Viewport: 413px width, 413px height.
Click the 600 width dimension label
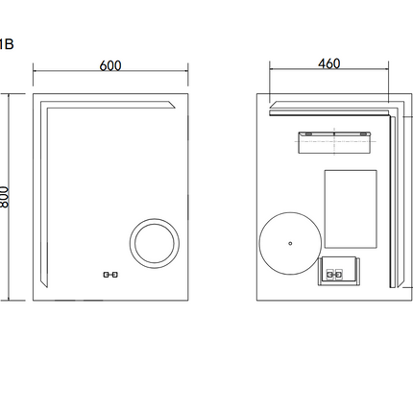pyautogui.click(x=110, y=65)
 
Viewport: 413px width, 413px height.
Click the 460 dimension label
pyautogui.click(x=329, y=63)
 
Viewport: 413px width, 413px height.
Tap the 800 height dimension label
pyautogui.click(x=4, y=197)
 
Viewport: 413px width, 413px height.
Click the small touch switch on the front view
pyautogui.click(x=110, y=275)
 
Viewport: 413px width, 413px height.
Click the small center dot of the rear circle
pyautogui.click(x=290, y=243)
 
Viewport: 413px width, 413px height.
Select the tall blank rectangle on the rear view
pyautogui.click(x=351, y=209)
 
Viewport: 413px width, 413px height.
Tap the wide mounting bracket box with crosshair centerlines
pyautogui.click(x=334, y=142)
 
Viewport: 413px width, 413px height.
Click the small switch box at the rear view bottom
pyautogui.click(x=339, y=271)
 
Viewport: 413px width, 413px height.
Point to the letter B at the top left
pyautogui.click(x=9, y=44)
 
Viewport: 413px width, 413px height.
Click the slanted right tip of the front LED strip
pyautogui.click(x=175, y=108)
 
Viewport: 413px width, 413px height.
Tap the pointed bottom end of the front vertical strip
pyautogui.click(x=47, y=287)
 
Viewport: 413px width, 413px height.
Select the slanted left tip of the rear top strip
pyautogui.click(x=271, y=108)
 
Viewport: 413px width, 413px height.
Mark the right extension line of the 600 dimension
pyautogui.click(x=188, y=74)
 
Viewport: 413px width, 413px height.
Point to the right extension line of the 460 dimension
pyautogui.click(x=389, y=81)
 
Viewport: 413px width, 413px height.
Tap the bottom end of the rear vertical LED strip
pyautogui.click(x=393, y=287)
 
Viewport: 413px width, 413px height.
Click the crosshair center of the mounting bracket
pyautogui.click(x=334, y=141)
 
